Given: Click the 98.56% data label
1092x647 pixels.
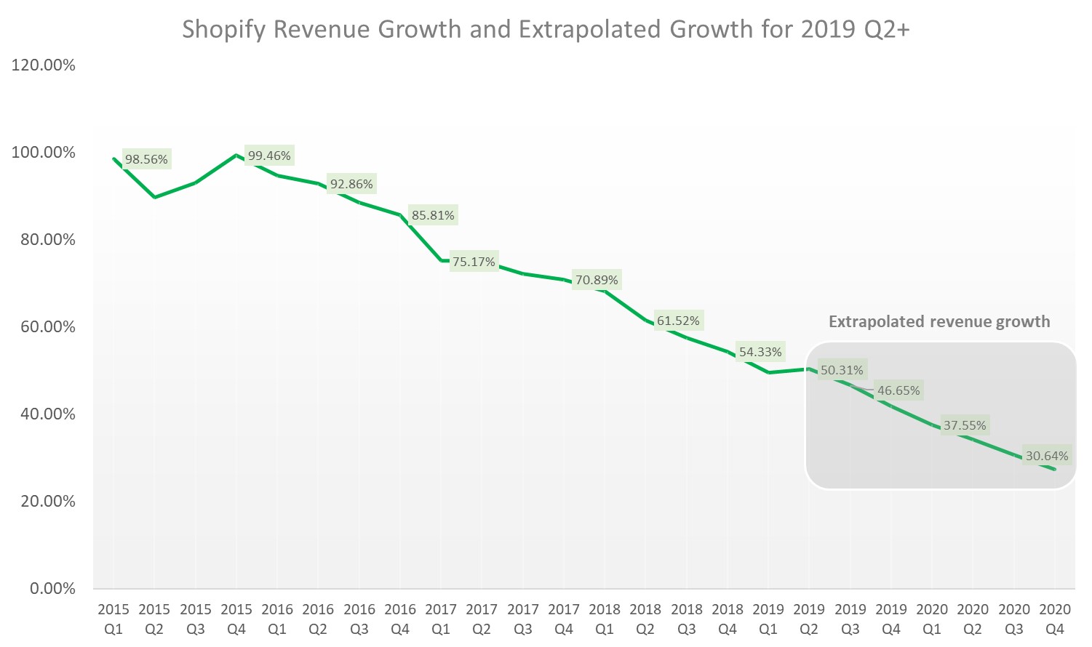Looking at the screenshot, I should [x=146, y=159].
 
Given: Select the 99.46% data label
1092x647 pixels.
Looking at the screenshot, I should [x=269, y=156].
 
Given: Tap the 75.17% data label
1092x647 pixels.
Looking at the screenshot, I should [x=474, y=262].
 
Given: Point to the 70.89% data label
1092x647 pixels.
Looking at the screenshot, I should [x=597, y=280].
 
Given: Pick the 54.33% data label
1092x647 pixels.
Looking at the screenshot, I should [x=760, y=352].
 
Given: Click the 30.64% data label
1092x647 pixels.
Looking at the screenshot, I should [x=1047, y=456].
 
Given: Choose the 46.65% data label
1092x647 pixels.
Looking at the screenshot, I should [x=898, y=390].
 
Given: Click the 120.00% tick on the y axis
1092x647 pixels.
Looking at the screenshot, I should [x=44, y=65].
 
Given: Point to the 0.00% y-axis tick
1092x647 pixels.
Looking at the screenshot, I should [x=52, y=589].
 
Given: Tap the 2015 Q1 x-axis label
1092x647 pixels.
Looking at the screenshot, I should [x=113, y=619].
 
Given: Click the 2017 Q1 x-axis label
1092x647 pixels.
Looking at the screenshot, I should [x=441, y=619].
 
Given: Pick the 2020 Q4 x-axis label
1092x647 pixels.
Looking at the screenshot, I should [x=1055, y=619].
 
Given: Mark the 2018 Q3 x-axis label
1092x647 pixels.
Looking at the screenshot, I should [x=687, y=619].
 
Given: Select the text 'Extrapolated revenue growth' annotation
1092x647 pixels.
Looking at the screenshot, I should [x=939, y=321].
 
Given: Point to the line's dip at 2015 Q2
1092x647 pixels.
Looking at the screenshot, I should [x=154, y=197].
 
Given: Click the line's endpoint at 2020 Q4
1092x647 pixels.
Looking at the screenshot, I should [x=1054, y=469].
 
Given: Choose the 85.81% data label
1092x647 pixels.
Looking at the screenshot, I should [x=433, y=215].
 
